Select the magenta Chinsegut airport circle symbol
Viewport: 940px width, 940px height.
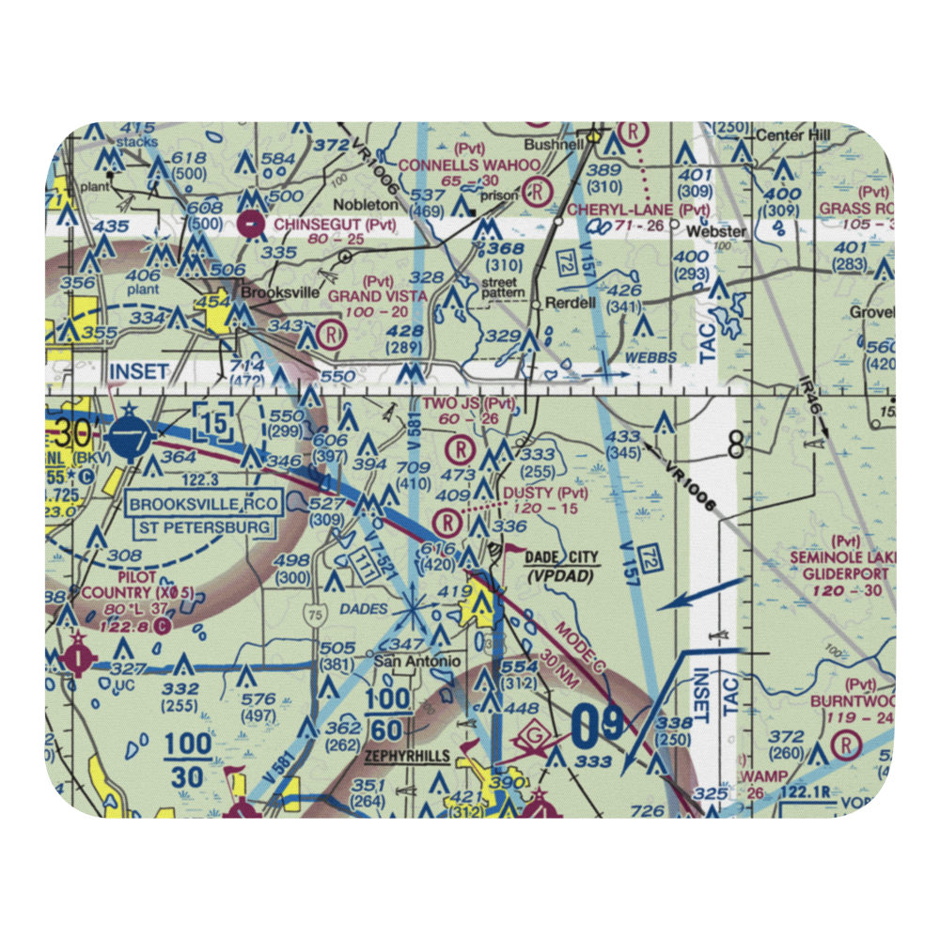pos(251,225)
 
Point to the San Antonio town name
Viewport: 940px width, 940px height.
pos(417,661)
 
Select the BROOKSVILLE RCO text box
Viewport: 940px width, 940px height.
pos(205,504)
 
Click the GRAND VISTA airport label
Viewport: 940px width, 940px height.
pos(377,295)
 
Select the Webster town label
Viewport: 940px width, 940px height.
pos(716,231)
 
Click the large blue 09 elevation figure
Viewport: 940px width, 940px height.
pos(596,724)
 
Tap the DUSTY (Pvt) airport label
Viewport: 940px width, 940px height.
pos(545,493)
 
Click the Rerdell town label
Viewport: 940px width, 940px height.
pos(572,304)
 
